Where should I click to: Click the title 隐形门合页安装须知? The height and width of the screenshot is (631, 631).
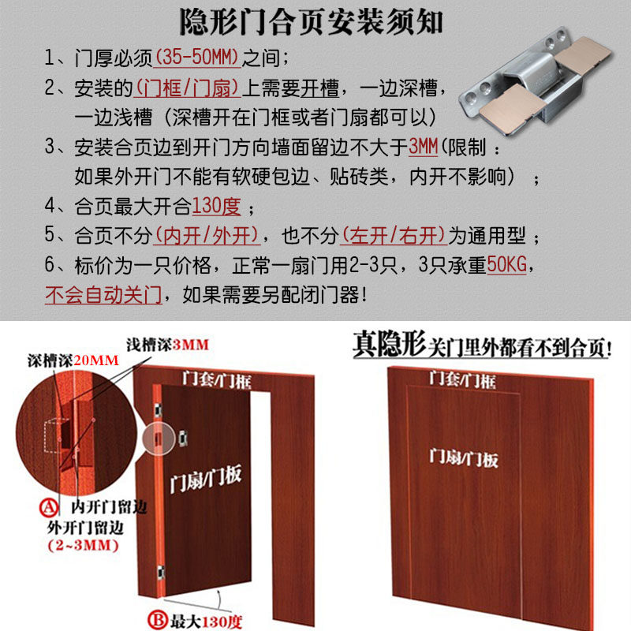(x=311, y=22)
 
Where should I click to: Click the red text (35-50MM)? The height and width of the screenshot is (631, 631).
(x=197, y=57)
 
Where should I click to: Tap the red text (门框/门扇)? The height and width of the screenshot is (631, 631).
(x=187, y=88)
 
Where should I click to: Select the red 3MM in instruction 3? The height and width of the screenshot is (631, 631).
(x=423, y=147)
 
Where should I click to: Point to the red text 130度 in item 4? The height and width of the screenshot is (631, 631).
(x=216, y=206)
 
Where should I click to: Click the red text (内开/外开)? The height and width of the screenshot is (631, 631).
(x=207, y=235)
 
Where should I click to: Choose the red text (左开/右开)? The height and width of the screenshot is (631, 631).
(x=394, y=235)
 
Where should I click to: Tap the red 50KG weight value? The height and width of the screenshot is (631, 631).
(x=506, y=265)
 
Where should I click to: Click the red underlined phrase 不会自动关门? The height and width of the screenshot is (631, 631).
(x=103, y=294)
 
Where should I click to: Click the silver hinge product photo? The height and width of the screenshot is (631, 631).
(x=536, y=80)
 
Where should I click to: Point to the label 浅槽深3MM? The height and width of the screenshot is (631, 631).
(x=167, y=345)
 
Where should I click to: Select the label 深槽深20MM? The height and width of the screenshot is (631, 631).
(x=73, y=360)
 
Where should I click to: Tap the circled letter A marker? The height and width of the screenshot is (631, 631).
(x=49, y=507)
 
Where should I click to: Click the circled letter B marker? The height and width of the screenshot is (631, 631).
(x=157, y=620)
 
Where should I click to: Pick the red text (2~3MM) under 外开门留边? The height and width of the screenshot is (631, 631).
(x=84, y=545)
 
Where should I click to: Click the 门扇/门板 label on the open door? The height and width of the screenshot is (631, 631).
(x=206, y=478)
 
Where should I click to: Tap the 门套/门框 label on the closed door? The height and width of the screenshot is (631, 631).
(x=462, y=380)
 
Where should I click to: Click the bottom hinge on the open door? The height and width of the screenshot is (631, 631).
(x=161, y=573)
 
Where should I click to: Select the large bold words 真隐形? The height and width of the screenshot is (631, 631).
(x=389, y=344)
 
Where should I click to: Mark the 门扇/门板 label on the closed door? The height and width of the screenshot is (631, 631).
(x=464, y=458)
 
